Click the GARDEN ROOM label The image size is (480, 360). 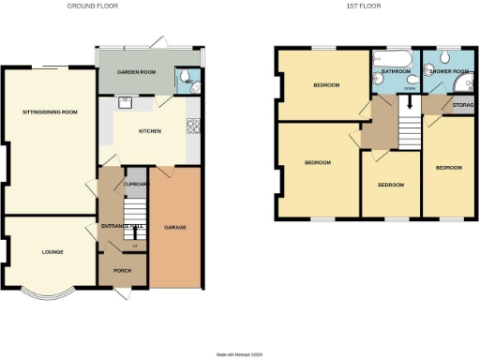pyautogui.click(x=134, y=71)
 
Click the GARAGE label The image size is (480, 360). pyautogui.click(x=174, y=228)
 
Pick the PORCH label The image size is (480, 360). pyautogui.click(x=122, y=271)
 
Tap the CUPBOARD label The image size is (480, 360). pyautogui.click(x=136, y=184)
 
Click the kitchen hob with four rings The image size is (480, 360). pyautogui.click(x=194, y=127)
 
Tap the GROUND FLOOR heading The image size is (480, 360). pyautogui.click(x=93, y=6)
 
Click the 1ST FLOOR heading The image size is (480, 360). pyautogui.click(x=360, y=6)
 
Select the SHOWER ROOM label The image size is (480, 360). pyautogui.click(x=446, y=70)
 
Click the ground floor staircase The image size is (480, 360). pyautogui.click(x=138, y=212)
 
